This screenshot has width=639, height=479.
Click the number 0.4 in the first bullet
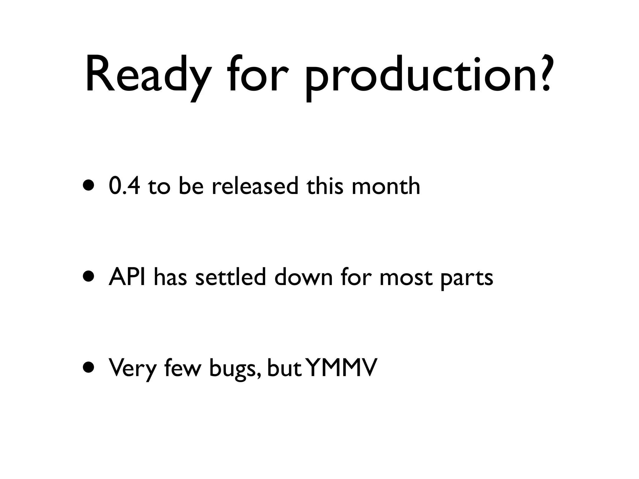coord(124,186)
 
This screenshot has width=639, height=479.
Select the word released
coord(255,186)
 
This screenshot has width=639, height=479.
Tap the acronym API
coord(127,277)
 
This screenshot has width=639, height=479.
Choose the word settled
coord(230,277)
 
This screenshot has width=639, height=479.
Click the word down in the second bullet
coord(303,277)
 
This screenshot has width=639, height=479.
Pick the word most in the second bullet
coord(406,278)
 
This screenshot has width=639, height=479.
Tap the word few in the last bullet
coord(182,368)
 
